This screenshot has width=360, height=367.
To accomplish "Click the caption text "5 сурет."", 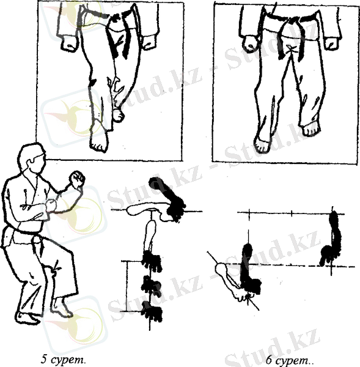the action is pos(63,359).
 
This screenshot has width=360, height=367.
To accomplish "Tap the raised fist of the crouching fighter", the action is pos(77,179).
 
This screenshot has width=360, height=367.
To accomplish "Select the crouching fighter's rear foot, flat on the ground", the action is pos(28,318).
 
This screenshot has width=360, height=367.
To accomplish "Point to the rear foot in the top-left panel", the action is pos(119,115).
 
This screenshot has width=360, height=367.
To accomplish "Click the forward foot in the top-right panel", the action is pos(263,144).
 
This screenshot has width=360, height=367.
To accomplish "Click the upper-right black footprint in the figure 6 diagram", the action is pos(331,239).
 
